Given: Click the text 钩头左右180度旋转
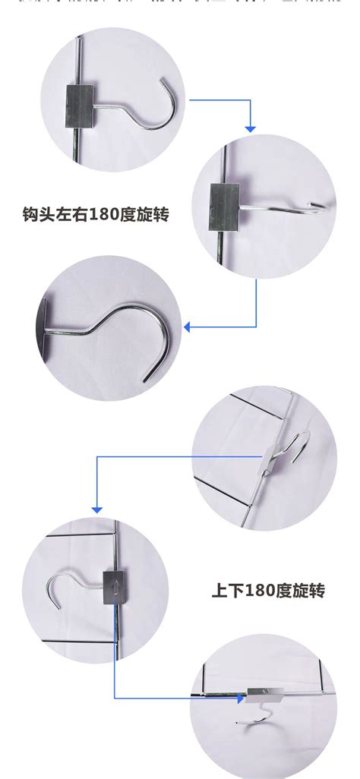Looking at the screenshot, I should (x=96, y=214).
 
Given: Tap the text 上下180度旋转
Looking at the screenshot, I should (x=268, y=589).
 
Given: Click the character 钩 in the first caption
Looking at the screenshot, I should (x=31, y=214).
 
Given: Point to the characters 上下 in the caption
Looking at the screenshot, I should (x=226, y=589).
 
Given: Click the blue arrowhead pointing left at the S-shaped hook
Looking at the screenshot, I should (x=188, y=327).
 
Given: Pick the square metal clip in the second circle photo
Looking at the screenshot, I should (x=225, y=203).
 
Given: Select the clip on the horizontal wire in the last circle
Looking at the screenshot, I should (x=265, y=692).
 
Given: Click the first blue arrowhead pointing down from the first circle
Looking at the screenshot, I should (x=251, y=128).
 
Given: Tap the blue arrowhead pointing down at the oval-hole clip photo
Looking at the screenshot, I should (x=97, y=508).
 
